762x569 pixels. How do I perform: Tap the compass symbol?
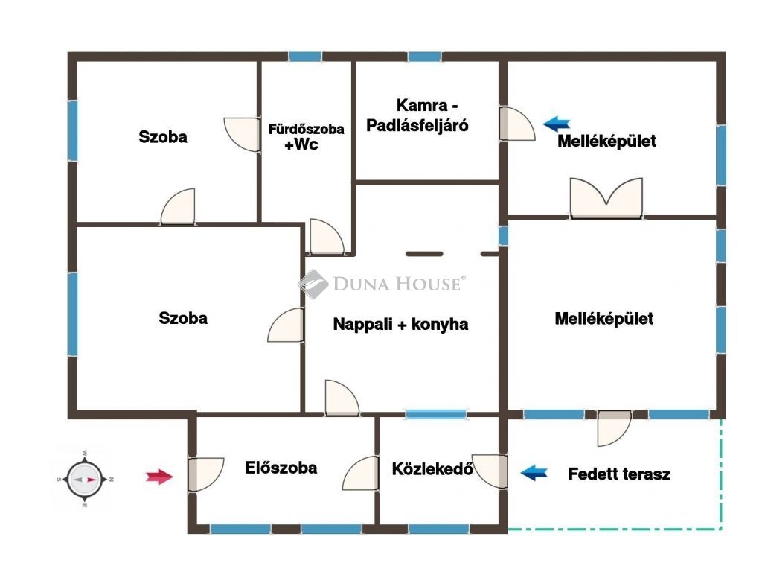tap(85, 479)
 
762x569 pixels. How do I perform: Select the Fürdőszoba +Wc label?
tap(306, 136)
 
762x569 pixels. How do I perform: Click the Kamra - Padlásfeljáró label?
tap(417, 115)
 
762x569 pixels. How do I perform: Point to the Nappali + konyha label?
tap(400, 324)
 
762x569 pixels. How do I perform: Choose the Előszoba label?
tap(281, 468)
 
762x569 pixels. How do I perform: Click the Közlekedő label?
tap(432, 468)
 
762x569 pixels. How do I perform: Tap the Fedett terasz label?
tap(619, 474)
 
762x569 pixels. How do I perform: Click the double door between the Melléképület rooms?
tap(606, 198)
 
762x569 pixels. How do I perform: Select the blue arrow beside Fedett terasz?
tap(534, 472)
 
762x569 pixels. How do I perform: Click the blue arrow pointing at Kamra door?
tap(557, 124)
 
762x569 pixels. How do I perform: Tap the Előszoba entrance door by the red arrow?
tap(205, 474)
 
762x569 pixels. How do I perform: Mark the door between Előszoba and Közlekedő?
tap(361, 473)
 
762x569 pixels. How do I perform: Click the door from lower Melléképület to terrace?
tap(614, 428)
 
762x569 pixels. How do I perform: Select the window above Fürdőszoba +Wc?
tap(305, 57)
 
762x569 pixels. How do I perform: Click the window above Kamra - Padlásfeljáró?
tap(424, 57)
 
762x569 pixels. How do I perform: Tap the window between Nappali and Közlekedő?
tap(436, 414)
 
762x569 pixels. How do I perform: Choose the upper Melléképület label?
tap(606, 141)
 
